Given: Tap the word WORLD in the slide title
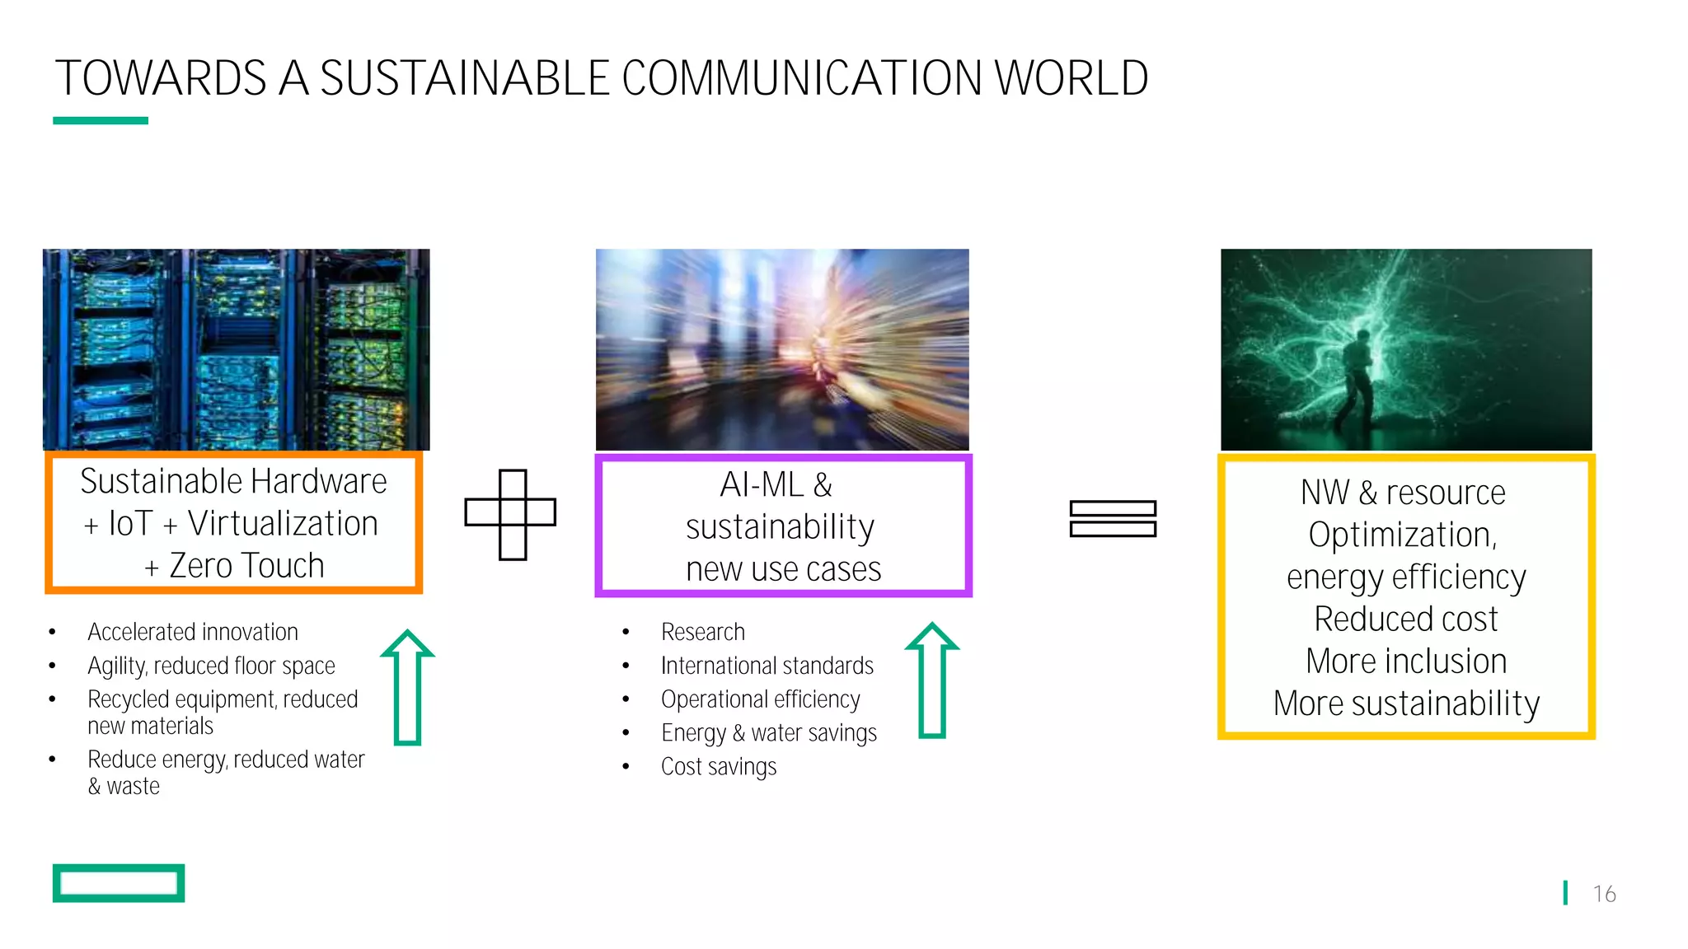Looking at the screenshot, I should click(1071, 79).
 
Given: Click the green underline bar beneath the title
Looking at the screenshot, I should click(101, 120).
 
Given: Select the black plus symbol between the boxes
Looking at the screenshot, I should click(511, 514).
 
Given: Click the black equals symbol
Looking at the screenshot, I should click(1113, 519).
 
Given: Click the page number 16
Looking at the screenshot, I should click(1604, 894).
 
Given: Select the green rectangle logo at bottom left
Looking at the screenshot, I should click(119, 883).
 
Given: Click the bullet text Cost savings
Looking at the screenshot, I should click(719, 767).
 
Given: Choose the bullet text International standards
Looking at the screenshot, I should click(767, 666).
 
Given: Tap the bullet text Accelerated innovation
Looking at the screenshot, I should click(193, 632).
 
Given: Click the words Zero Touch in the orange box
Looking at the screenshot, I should click(246, 566).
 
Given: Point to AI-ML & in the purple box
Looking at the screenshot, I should click(776, 485).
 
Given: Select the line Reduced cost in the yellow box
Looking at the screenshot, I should click(1406, 619).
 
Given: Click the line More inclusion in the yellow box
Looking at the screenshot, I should click(1406, 661).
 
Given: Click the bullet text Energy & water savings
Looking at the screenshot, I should click(768, 733).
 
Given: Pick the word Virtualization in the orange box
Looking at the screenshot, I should click(283, 524).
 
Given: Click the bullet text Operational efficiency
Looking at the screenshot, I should click(760, 699).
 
